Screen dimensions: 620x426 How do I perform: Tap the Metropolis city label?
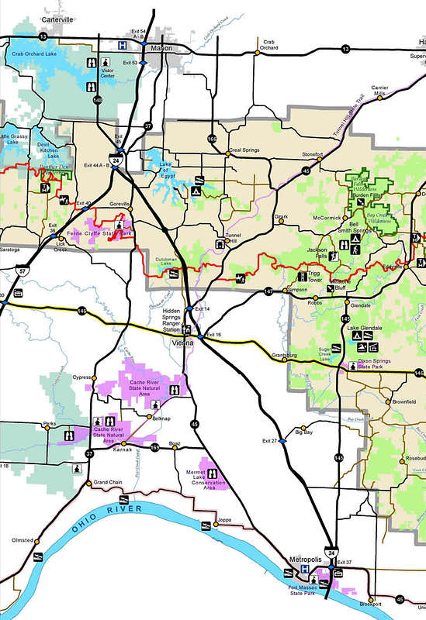[x=304, y=559]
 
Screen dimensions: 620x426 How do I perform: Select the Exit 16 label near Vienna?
[x=213, y=334]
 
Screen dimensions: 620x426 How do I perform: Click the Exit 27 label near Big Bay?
[x=269, y=441]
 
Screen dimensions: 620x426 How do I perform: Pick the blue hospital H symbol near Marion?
[x=121, y=46]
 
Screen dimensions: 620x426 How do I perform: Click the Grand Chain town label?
[x=109, y=482]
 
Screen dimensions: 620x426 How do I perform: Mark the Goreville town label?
[x=120, y=203]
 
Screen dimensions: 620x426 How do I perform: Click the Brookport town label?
[x=372, y=604]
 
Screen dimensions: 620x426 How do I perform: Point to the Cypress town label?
[x=82, y=377]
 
